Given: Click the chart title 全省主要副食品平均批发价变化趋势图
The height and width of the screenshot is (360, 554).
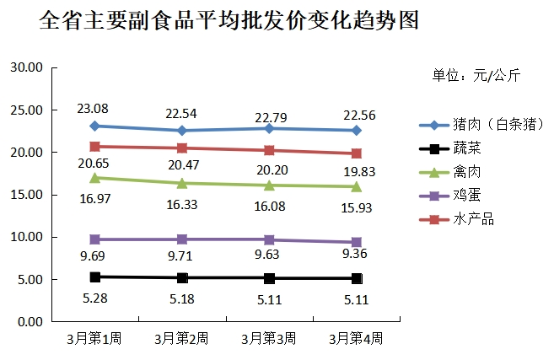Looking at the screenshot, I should pyautogui.click(x=229, y=21).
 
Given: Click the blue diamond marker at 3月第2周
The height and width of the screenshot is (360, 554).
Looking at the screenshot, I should pyautogui.click(x=182, y=131).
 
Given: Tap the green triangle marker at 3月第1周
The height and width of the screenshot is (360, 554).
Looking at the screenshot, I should pyautogui.click(x=95, y=178).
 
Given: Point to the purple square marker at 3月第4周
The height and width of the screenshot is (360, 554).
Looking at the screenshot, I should pyautogui.click(x=357, y=242).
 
